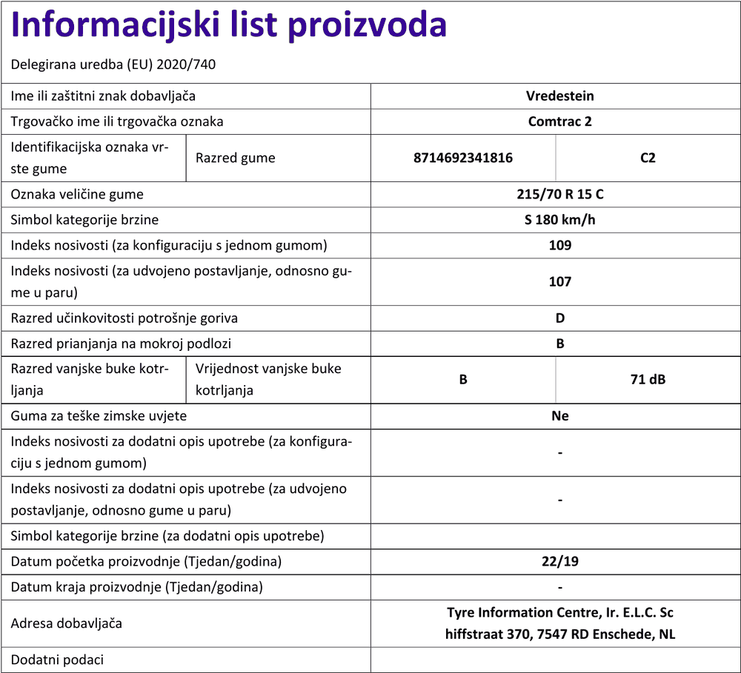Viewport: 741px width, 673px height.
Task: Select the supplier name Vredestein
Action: pyautogui.click(x=559, y=96)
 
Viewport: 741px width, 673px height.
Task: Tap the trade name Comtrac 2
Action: pyautogui.click(x=559, y=121)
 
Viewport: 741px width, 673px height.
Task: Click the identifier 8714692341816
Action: pyautogui.click(x=463, y=158)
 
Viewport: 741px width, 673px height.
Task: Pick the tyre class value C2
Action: pyautogui.click(x=648, y=158)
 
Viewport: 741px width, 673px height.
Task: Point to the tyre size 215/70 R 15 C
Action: pyautogui.click(x=559, y=195)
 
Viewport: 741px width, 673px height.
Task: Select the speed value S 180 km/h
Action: pyautogui.click(x=559, y=220)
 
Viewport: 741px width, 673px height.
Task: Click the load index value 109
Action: pyautogui.click(x=559, y=245)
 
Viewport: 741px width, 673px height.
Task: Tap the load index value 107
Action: pyautogui.click(x=559, y=281)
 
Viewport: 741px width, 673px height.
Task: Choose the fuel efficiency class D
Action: pyautogui.click(x=559, y=318)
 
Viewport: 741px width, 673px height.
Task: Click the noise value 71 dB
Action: pyautogui.click(x=648, y=380)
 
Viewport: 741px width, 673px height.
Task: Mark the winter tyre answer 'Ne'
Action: pyautogui.click(x=559, y=416)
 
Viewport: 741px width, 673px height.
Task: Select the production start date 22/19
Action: pyautogui.click(x=559, y=561)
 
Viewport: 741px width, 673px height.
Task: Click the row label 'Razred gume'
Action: pyautogui.click(x=235, y=158)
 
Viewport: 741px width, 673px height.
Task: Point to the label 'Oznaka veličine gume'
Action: pyautogui.click(x=77, y=195)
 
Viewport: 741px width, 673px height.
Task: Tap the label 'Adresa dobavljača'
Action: pyautogui.click(x=66, y=623)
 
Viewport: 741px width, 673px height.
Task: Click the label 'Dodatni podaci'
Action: pyautogui.click(x=57, y=660)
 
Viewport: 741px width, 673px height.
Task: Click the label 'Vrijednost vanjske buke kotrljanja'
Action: pyautogui.click(x=268, y=379)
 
